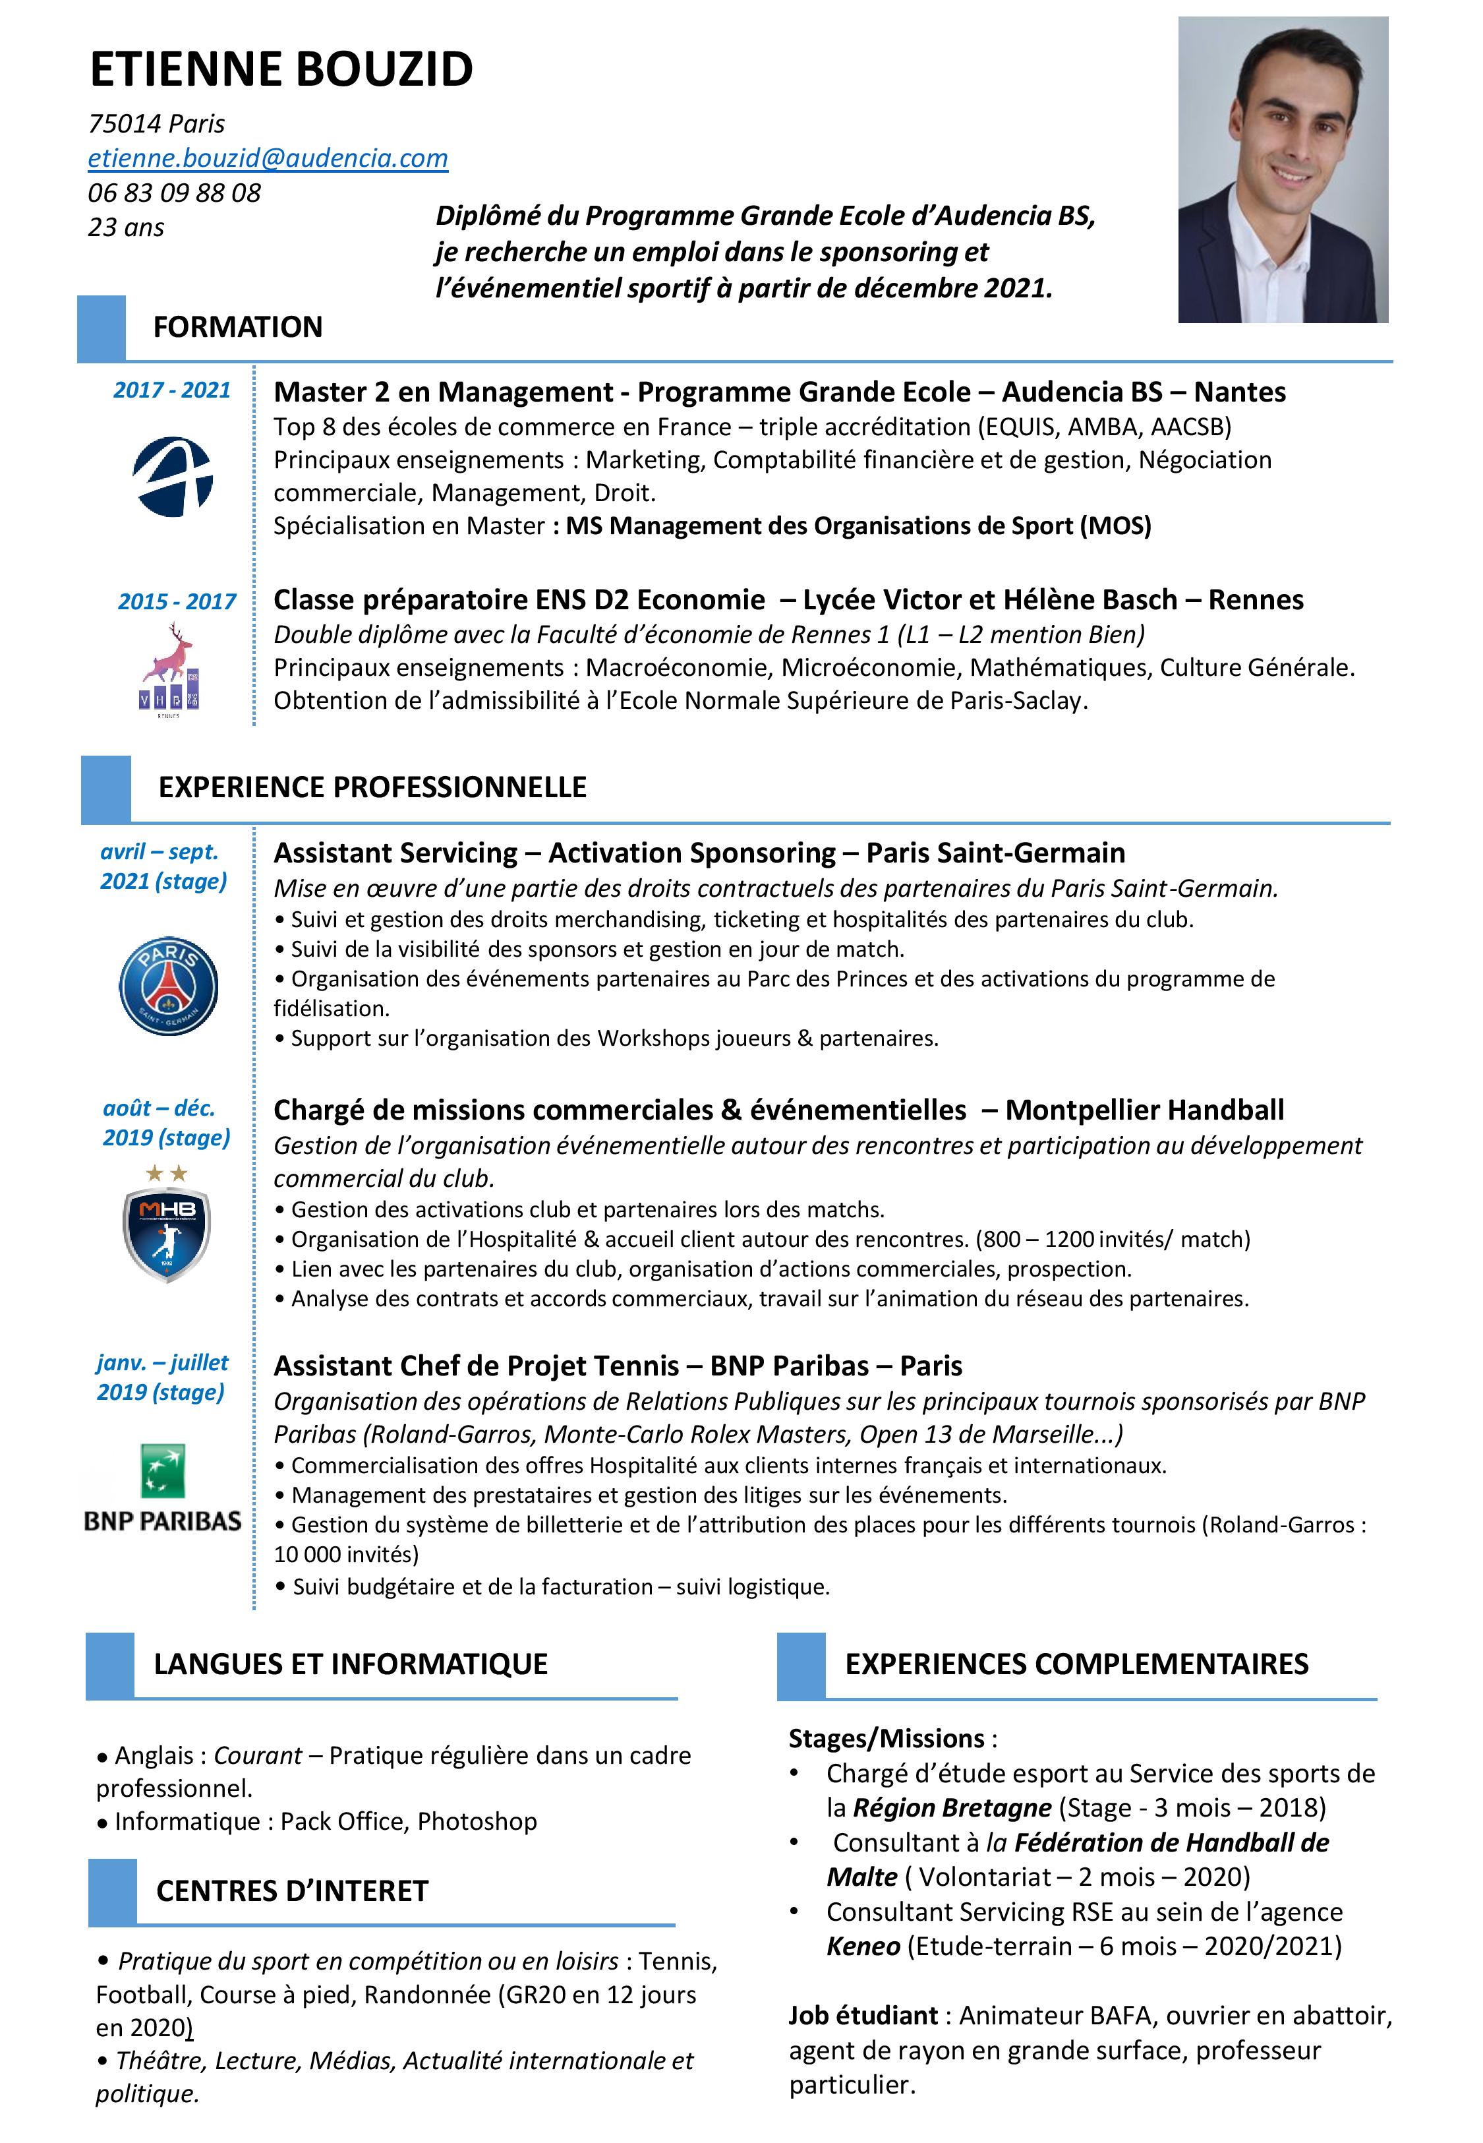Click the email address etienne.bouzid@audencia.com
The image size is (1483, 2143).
coord(268,158)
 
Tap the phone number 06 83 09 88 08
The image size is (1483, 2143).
coord(174,193)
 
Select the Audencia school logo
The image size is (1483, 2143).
coord(173,477)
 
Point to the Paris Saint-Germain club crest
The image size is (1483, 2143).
coord(168,985)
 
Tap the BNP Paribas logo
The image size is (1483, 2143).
coord(163,1489)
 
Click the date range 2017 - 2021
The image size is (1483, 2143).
coord(172,390)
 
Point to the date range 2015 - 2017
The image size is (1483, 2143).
coord(177,601)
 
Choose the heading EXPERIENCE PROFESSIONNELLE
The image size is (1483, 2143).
coord(372,787)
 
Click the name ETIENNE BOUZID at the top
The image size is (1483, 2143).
coord(281,70)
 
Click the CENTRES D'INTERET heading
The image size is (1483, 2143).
coord(292,1891)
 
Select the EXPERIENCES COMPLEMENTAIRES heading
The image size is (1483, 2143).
coord(1076,1664)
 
